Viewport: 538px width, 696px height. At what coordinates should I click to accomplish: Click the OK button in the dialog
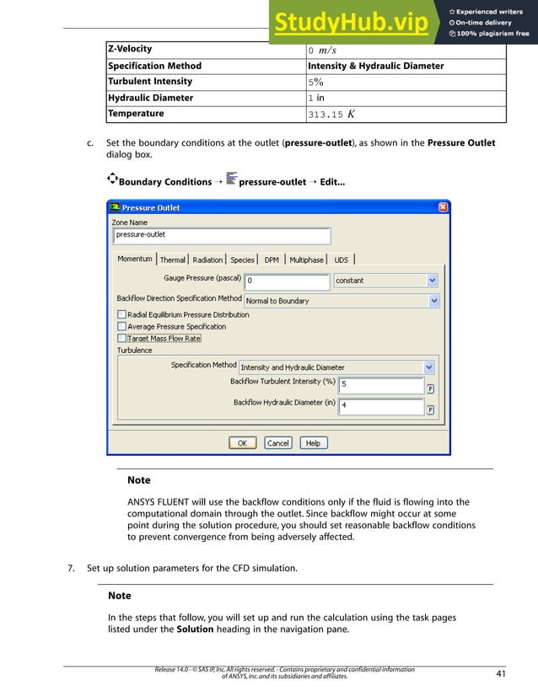coord(242,442)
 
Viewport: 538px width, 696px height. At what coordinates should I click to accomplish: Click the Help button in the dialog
coord(313,442)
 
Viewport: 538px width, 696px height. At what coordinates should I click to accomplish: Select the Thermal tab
coord(172,260)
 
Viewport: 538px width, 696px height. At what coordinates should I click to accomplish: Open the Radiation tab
coord(207,260)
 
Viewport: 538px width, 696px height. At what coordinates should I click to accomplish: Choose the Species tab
coord(242,260)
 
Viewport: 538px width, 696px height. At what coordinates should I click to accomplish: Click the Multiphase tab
coord(306,260)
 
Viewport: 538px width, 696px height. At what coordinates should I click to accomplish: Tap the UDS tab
coord(341,260)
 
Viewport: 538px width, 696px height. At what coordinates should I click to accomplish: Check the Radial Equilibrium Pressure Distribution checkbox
coord(121,314)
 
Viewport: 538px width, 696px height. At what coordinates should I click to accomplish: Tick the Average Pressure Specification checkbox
coord(121,326)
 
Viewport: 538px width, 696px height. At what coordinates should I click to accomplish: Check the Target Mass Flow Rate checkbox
coord(121,338)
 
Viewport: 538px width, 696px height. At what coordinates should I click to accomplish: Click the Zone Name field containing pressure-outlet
coord(221,235)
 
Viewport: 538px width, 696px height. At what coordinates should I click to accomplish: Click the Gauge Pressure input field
coord(287,281)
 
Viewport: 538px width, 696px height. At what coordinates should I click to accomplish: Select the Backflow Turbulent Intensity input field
coord(381,385)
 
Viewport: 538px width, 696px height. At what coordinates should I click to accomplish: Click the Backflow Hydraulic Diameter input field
coord(381,406)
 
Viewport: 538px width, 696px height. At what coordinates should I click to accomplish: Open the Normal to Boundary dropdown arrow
coord(433,300)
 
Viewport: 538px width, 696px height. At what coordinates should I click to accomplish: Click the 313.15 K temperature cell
coord(405,114)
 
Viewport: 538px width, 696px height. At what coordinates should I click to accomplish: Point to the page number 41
coord(501,673)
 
